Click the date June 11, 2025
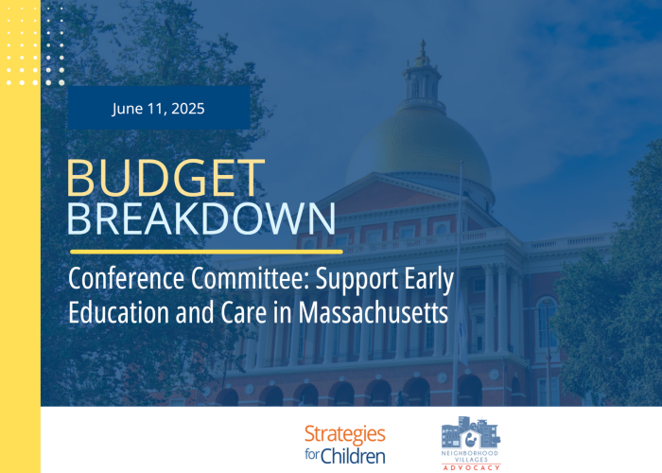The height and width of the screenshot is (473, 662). click(158, 109)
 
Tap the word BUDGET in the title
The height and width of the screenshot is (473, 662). click(165, 178)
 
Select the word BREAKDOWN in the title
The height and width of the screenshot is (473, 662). click(201, 219)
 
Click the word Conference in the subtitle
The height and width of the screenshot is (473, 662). click(126, 278)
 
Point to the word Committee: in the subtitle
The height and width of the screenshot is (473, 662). click(251, 278)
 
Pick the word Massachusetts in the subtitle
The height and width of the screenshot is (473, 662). click(374, 312)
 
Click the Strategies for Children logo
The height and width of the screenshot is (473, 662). click(345, 445)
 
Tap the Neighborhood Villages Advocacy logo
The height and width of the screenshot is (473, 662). click(471, 443)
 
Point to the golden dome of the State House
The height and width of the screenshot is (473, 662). click(419, 143)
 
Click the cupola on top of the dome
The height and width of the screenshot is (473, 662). click(422, 76)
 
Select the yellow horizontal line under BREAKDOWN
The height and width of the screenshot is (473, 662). click(206, 253)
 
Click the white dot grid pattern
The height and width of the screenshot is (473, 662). click(35, 45)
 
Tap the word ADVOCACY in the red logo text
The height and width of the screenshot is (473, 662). click(471, 467)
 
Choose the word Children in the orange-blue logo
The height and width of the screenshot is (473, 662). click(353, 456)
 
